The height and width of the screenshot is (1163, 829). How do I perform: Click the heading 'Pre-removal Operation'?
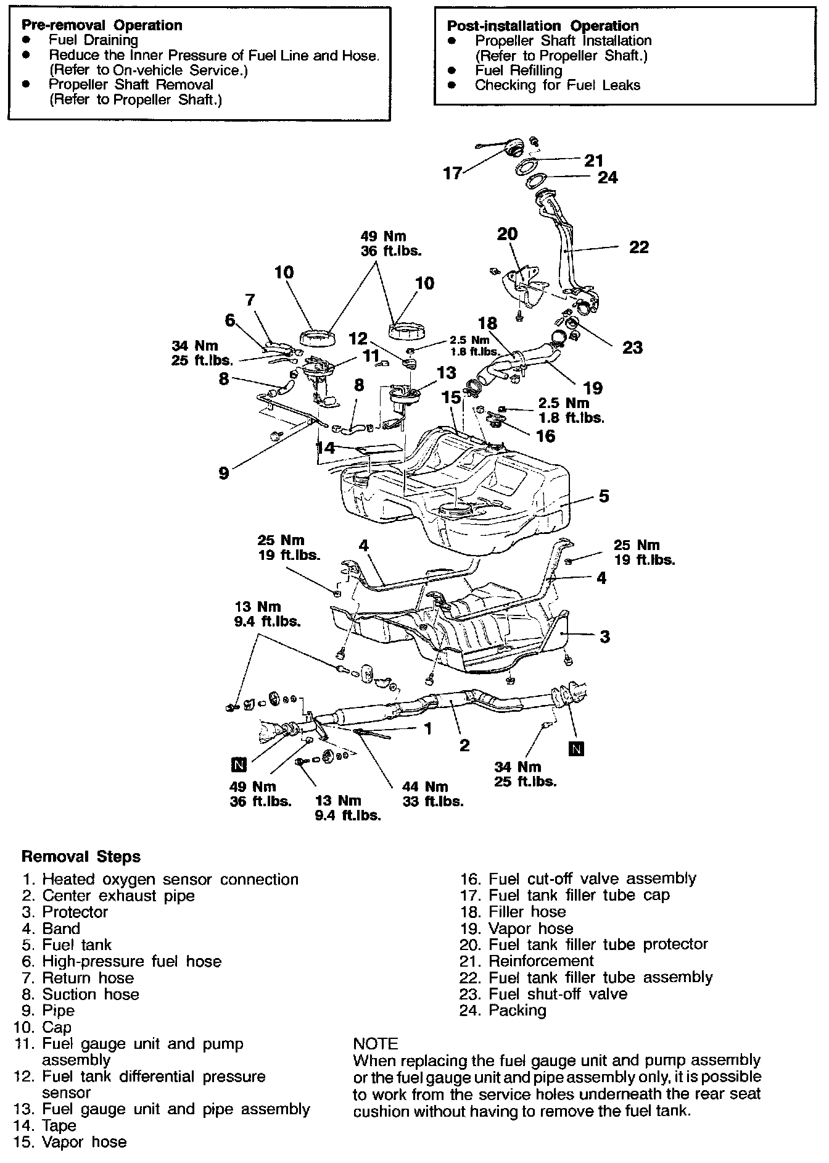(102, 25)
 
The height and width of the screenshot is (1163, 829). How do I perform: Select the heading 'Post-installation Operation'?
(542, 26)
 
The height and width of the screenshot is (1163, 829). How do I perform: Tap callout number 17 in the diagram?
(453, 173)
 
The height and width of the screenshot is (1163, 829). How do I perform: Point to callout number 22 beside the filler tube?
(639, 248)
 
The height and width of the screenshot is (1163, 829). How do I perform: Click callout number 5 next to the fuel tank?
(604, 496)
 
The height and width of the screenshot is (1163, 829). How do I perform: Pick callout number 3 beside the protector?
(604, 636)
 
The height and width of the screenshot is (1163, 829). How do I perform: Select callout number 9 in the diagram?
(223, 473)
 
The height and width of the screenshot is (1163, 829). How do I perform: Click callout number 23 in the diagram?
(632, 348)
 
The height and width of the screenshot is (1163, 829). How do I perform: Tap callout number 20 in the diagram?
(507, 235)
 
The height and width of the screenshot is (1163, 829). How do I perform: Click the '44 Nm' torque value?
(425, 787)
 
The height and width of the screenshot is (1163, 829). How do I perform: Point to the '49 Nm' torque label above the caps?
(383, 236)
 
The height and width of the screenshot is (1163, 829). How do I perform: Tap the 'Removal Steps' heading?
(81, 857)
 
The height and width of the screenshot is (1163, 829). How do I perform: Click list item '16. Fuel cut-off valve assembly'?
(578, 878)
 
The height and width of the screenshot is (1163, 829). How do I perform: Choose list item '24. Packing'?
(503, 1011)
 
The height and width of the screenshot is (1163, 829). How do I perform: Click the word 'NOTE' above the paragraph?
(376, 1044)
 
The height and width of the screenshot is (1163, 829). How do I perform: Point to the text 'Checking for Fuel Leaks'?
(557, 85)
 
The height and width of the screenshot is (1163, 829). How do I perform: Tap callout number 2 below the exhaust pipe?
(464, 745)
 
